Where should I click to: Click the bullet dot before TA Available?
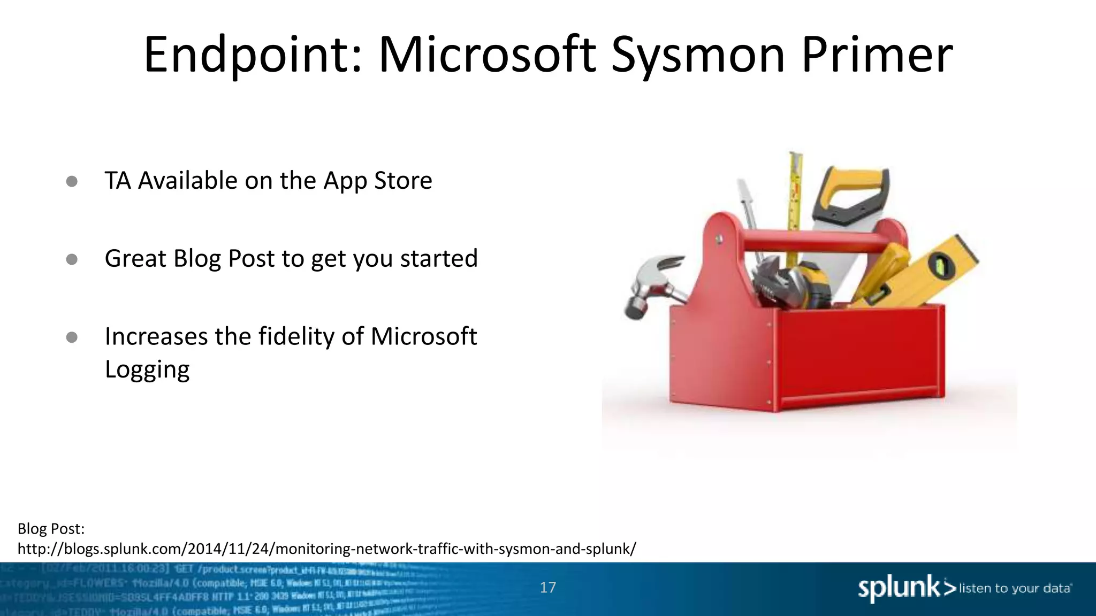coord(72,181)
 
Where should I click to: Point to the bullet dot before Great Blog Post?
coord(72,259)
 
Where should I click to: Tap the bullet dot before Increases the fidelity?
coord(72,337)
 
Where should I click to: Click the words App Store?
coord(377,181)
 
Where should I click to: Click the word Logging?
coord(147,370)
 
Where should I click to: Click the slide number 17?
coord(547,588)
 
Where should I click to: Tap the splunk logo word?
coord(899,588)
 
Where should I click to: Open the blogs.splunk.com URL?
coord(326,549)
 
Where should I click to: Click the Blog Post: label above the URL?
coord(51,529)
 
